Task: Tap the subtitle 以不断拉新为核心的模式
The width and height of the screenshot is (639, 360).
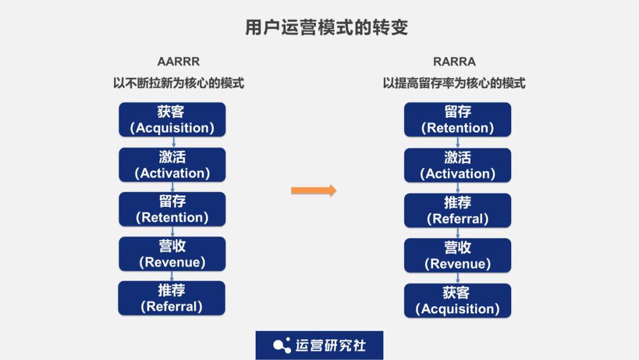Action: click(x=178, y=83)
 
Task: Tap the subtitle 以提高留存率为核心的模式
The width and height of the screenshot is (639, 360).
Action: click(x=454, y=83)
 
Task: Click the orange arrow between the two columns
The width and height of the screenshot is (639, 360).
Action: click(x=314, y=190)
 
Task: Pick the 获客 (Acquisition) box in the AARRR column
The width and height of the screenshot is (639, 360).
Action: click(x=172, y=120)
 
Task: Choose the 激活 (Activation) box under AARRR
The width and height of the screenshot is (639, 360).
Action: click(x=172, y=165)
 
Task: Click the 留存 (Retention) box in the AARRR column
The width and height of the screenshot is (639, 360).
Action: click(x=172, y=209)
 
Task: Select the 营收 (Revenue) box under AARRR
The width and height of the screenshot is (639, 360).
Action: click(x=172, y=254)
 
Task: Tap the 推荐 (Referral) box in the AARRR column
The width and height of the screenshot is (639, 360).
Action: click(x=172, y=298)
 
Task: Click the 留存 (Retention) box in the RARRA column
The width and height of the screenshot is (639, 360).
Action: click(x=457, y=120)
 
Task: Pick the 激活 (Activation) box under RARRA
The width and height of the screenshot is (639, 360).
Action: click(x=457, y=165)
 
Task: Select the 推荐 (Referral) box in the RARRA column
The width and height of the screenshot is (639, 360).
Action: click(x=457, y=210)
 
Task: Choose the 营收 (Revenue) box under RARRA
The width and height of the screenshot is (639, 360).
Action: click(x=457, y=255)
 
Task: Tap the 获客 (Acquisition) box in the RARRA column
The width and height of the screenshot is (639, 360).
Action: click(x=457, y=300)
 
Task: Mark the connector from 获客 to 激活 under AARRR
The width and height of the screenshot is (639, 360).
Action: click(x=173, y=142)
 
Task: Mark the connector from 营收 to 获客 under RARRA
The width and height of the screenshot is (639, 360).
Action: click(x=458, y=278)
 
